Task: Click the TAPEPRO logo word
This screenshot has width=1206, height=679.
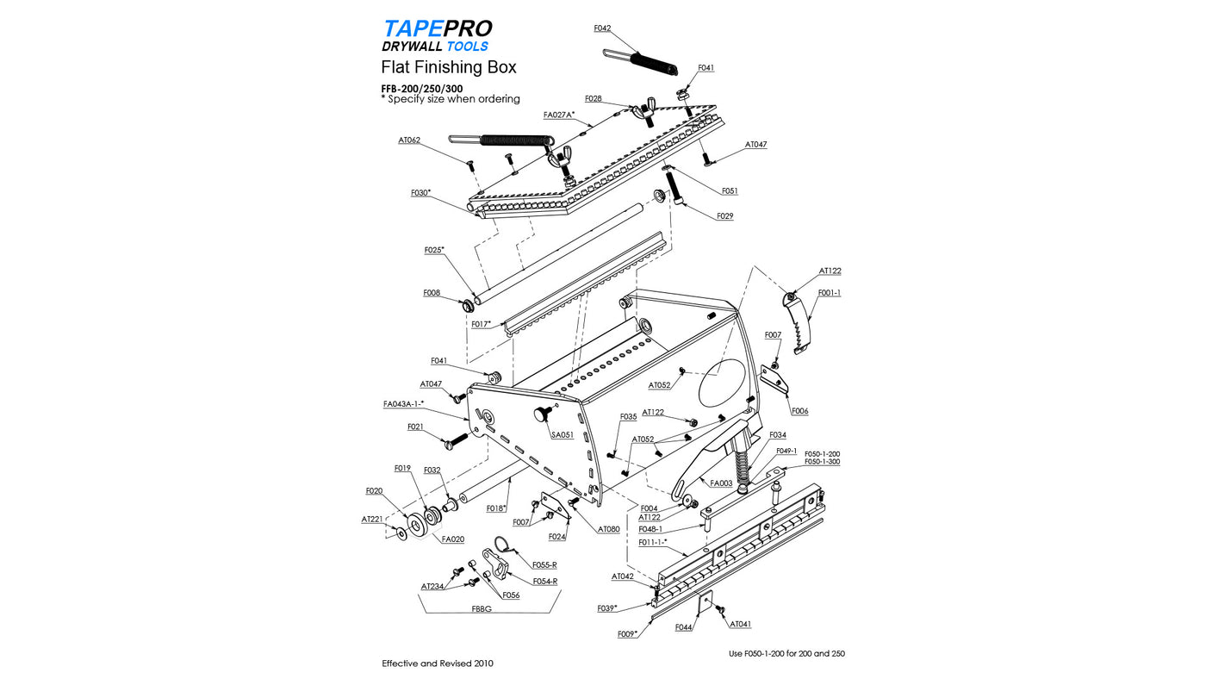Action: point(437,28)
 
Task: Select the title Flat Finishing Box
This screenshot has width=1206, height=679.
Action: point(449,67)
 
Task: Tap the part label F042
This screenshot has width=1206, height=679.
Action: point(602,28)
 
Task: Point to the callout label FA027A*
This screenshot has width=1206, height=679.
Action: point(559,115)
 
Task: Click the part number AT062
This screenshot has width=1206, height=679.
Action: point(409,140)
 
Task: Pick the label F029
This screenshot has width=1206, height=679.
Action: point(724,215)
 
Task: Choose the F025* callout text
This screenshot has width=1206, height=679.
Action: point(434,250)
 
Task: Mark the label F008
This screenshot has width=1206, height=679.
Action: point(432,293)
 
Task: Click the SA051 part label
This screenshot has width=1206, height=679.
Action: point(563,435)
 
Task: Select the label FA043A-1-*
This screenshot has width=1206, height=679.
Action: point(403,403)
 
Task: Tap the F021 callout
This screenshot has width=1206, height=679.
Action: point(415,427)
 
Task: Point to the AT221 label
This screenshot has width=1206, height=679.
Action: point(371,520)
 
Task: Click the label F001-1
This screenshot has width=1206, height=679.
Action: point(829,293)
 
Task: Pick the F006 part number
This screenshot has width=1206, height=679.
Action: point(799,411)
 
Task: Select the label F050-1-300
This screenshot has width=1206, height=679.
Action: point(822,462)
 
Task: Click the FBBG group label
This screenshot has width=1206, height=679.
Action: point(482,608)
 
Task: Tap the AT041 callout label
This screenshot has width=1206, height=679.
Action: point(740,623)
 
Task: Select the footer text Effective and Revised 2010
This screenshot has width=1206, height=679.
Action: point(438,663)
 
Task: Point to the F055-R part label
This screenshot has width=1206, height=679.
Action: point(544,564)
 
